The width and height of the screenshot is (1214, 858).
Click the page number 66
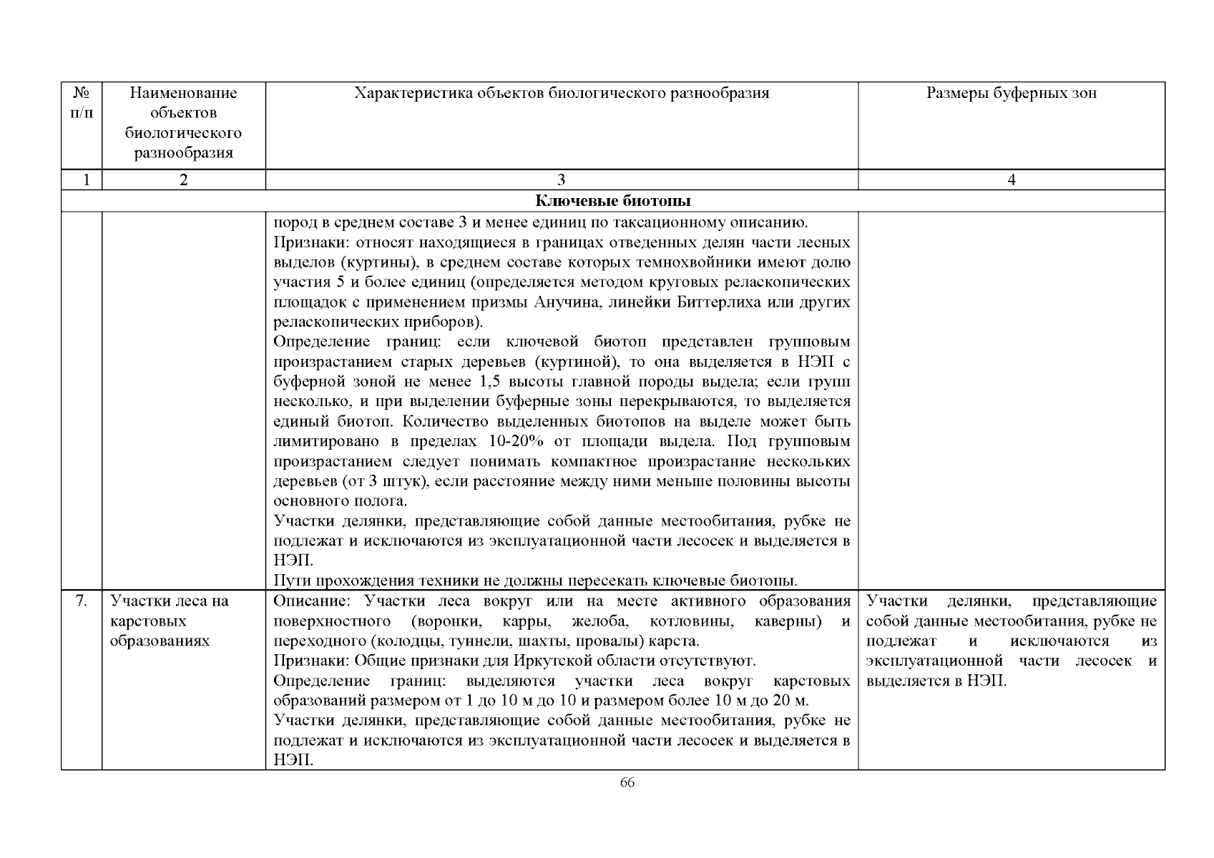[x=627, y=782]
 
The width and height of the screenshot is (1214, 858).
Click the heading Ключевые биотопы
[x=613, y=201]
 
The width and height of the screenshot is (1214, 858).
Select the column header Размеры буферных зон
[x=1011, y=93]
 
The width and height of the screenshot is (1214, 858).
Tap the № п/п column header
[x=82, y=103]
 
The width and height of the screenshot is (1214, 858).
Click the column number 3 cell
[x=561, y=180]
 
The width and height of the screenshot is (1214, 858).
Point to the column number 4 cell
[x=1011, y=180]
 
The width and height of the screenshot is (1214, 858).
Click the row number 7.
[x=82, y=601]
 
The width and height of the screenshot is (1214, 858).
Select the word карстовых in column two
[x=142, y=621]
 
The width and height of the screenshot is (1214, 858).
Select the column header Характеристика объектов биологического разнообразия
[x=562, y=93]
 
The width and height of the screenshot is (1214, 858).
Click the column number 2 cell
[x=183, y=180]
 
